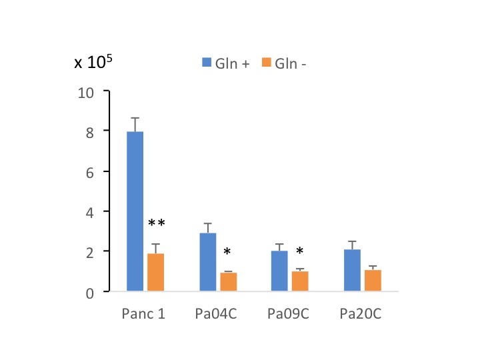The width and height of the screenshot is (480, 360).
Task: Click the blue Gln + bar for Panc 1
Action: click(x=135, y=211)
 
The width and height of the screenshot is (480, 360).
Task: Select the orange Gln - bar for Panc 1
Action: click(x=155, y=272)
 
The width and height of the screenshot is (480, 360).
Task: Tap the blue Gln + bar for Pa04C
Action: click(x=208, y=262)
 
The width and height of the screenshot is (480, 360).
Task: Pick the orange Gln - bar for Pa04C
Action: click(x=229, y=282)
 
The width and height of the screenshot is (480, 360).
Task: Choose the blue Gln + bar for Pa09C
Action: click(x=280, y=271)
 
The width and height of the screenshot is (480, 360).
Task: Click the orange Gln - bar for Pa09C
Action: click(x=300, y=281)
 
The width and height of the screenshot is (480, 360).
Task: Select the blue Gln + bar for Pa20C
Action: click(x=353, y=270)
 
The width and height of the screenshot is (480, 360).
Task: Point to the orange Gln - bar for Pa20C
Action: click(x=373, y=281)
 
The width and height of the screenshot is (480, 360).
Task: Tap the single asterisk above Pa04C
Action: click(x=227, y=252)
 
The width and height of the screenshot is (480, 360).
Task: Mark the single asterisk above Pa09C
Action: click(x=300, y=251)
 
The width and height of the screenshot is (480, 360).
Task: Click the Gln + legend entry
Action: click(x=226, y=63)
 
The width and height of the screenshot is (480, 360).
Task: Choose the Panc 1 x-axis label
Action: click(x=145, y=313)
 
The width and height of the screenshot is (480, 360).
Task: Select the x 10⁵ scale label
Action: click(x=93, y=63)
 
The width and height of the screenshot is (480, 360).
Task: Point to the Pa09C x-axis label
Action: click(x=289, y=313)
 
